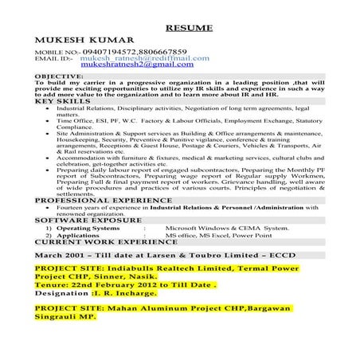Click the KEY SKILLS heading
pyautogui.click(x=62, y=100)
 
